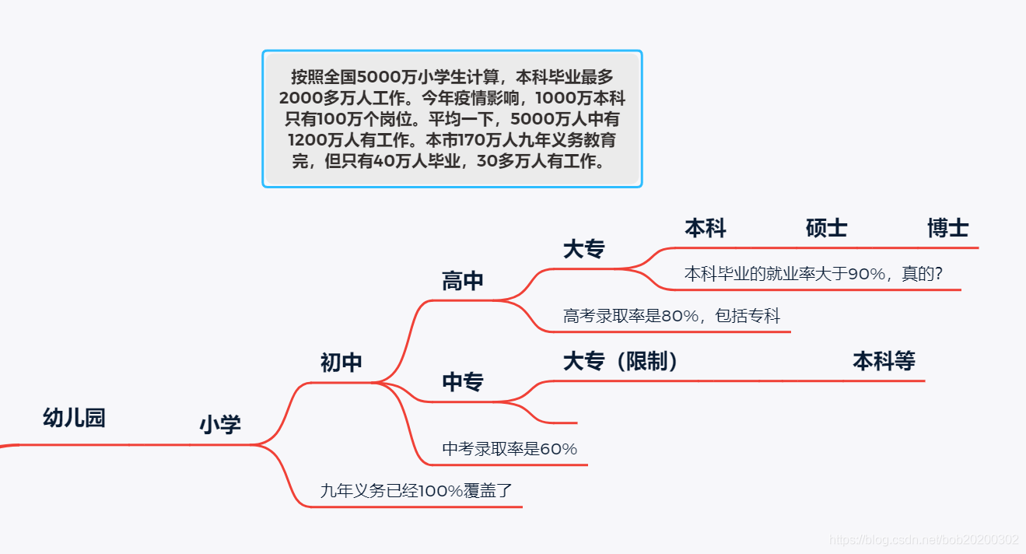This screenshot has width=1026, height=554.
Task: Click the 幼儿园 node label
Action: (74, 419)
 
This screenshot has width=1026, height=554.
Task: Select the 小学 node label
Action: (220, 425)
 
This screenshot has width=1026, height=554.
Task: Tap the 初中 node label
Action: (341, 363)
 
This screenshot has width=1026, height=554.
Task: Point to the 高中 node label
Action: (463, 281)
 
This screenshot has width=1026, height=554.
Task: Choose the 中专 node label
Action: (463, 382)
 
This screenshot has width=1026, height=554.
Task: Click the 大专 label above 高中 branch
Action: (584, 249)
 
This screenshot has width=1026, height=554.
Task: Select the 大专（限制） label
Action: (622, 361)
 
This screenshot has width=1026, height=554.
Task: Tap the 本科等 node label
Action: (884, 361)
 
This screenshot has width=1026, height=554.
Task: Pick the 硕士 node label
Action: (826, 228)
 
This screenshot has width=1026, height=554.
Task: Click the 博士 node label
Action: (947, 228)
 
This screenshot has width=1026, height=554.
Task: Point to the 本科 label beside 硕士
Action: (705, 228)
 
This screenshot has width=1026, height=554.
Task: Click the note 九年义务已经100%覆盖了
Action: (417, 491)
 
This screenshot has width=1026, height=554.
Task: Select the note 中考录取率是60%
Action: (509, 449)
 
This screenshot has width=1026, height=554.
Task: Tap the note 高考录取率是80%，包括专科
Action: (671, 316)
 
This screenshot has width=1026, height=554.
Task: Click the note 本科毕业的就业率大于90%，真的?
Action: (814, 274)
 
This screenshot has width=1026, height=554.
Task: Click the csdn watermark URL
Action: (924, 540)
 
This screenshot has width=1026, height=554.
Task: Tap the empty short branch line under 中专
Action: (556, 423)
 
